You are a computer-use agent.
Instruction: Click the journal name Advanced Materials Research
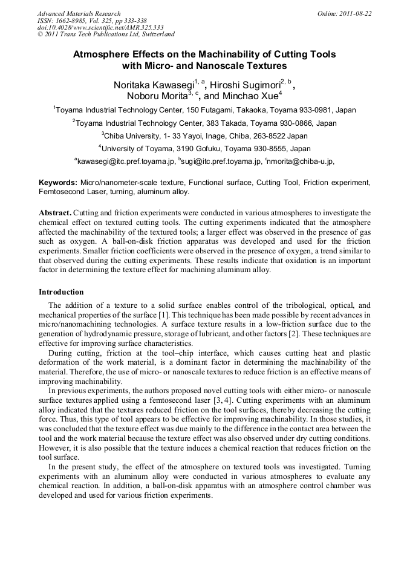pos(79,13)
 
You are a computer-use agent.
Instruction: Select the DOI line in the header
pos(100,28)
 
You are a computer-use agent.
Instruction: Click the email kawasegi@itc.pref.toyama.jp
pos(125,162)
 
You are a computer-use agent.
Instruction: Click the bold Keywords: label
pos(58,182)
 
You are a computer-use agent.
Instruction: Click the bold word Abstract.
pos(56,213)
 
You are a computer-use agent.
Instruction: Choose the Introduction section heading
pos(61,292)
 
